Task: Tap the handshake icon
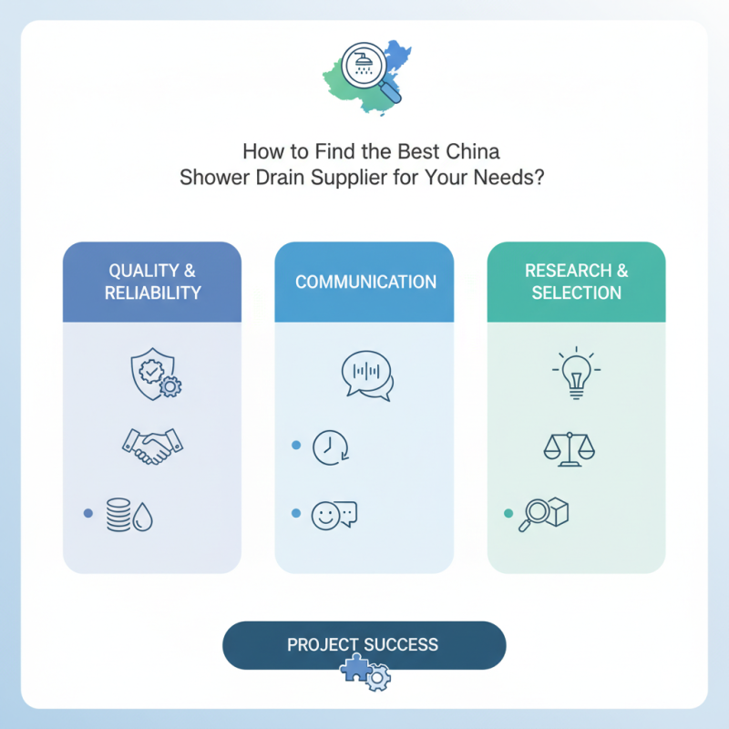[152, 446]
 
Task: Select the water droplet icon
[142, 517]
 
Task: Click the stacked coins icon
[118, 515]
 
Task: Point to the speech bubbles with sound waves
[368, 375]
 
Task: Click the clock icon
[330, 447]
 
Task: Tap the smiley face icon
[325, 516]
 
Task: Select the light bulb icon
[577, 373]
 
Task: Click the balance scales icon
[569, 448]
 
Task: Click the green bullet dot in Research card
[508, 513]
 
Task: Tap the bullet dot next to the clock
[296, 445]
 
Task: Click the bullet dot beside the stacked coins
[87, 513]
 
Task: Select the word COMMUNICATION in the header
[366, 282]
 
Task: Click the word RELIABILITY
[152, 293]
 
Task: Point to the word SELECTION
[577, 293]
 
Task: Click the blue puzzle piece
[356, 668]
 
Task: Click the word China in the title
[473, 151]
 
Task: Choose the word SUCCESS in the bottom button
[401, 645]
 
